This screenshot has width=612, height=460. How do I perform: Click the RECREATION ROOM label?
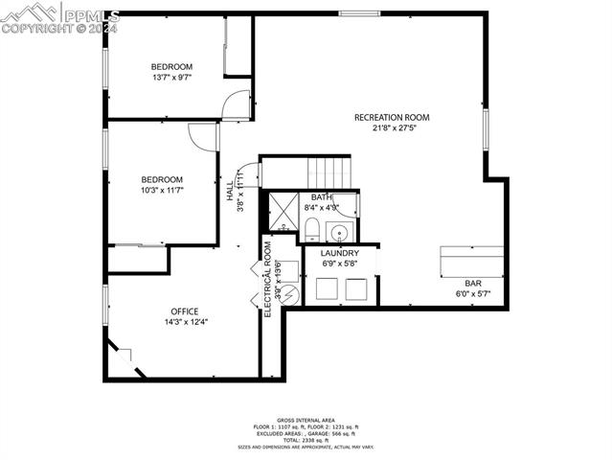coord(392,117)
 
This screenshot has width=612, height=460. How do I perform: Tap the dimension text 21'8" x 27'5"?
coord(392,127)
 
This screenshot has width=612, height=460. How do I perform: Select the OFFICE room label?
coord(185,311)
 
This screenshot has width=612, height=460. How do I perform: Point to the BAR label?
coord(473,284)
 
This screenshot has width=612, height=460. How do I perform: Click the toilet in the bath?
coord(311,228)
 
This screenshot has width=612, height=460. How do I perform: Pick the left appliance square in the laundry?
coord(325,288)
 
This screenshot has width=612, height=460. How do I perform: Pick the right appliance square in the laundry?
coord(356,288)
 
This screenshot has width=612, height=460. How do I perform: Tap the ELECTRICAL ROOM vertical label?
coord(268,278)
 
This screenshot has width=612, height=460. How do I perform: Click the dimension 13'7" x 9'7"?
coord(171,78)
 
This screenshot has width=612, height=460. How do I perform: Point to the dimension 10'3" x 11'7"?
coord(162,190)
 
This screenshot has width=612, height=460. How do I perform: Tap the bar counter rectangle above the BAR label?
coord(471,262)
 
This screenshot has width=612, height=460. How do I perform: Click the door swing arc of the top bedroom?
coord(236,104)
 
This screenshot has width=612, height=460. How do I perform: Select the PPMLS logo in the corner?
coord(59,17)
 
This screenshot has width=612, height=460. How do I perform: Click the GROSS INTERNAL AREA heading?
coord(306,420)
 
